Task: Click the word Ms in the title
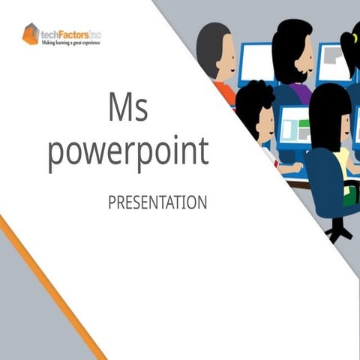(x=127, y=110)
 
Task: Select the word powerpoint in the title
(x=127, y=152)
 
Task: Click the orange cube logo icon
(x=31, y=34)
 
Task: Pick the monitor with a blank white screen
(x=257, y=61)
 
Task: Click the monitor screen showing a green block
(x=293, y=128)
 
